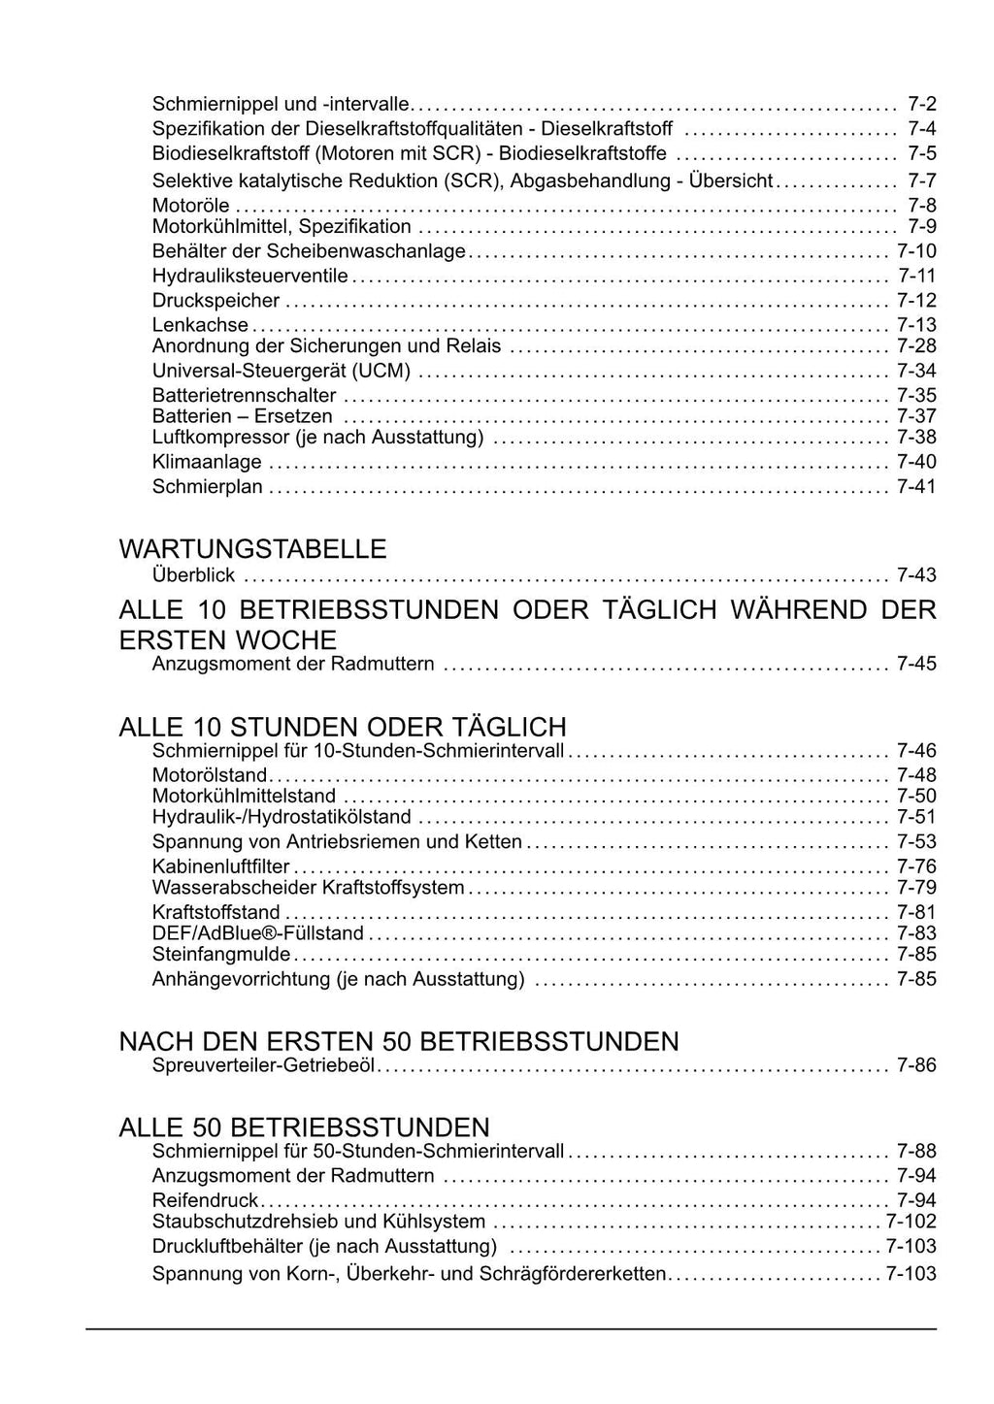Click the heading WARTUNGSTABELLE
pos(252,549)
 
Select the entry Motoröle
pos(191,205)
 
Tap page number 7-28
pos(916,346)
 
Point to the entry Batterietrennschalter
pos(245,395)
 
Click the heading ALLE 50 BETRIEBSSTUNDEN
pos(304,1127)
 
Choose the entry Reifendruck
pos(205,1200)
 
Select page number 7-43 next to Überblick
pos(916,575)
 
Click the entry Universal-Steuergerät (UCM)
pos(282,371)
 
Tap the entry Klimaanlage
pos(207,462)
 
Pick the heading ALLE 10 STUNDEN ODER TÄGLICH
pos(343,727)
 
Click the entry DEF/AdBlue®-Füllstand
pos(258,933)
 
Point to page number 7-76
pos(916,866)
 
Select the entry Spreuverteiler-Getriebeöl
pos(263,1065)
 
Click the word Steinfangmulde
pos(221,955)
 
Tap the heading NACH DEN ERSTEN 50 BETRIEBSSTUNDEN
pos(399,1042)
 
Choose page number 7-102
pos(911,1223)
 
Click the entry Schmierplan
pos(208,486)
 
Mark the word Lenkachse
pos(200,325)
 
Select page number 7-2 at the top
pos(921,104)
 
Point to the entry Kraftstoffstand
pos(216,912)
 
